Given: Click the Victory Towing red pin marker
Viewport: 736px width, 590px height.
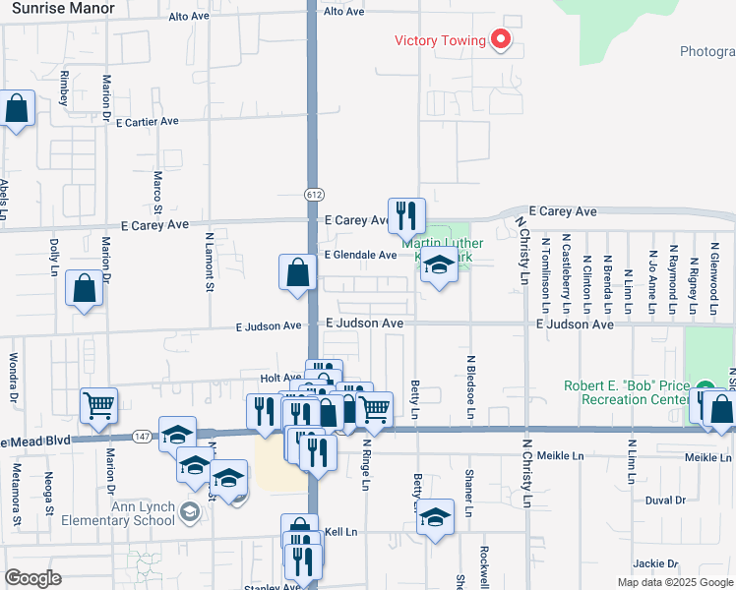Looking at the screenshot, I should pos(501,40).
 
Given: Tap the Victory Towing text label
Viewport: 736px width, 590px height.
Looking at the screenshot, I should pos(441,40).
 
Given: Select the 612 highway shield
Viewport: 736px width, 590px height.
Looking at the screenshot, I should pos(313,194).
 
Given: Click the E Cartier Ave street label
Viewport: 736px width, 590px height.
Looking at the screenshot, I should pos(147,123).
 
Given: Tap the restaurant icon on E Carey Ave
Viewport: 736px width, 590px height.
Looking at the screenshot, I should pos(405,215).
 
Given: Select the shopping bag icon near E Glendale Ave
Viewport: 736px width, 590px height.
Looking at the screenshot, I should pos(297,271).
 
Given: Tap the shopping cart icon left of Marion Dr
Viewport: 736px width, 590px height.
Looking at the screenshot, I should pos(98,406).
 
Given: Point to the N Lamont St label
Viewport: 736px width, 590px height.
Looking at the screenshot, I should pos(209,262).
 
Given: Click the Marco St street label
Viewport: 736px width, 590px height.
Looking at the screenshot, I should pos(157,194).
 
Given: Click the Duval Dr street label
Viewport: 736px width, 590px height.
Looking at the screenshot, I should pos(665,501).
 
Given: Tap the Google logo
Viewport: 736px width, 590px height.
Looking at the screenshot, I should pos(32,578).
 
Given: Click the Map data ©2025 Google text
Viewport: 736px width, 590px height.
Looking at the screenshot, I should pos(674,582).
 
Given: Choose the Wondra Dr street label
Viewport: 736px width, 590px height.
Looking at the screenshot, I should pos(14,378).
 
